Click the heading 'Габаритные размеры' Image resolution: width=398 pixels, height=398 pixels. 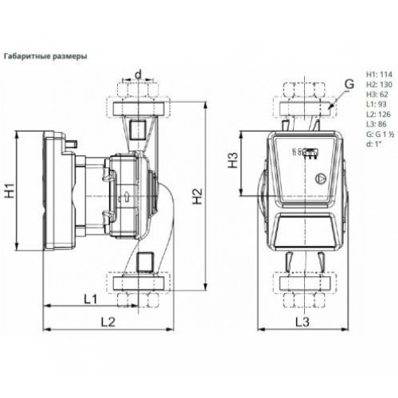[45, 57]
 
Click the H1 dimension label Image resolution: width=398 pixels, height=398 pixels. [10, 190]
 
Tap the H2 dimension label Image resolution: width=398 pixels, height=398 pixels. [197, 197]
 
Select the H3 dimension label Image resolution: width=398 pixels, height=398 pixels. [233, 160]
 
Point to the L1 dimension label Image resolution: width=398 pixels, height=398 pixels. [91, 299]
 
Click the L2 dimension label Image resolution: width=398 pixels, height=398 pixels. [108, 322]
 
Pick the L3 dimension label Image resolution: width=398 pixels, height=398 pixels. [302, 322]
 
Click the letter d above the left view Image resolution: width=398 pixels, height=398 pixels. [139, 75]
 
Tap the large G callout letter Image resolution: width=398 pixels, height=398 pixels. [349, 84]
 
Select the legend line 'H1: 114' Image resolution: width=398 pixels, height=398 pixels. [379, 74]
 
